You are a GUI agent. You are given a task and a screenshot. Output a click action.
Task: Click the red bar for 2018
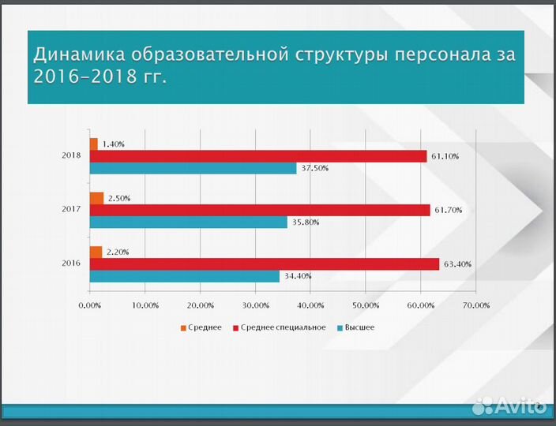258,156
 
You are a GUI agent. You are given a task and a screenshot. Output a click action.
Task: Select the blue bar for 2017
189,222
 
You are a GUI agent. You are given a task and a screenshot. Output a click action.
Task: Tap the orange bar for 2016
96,252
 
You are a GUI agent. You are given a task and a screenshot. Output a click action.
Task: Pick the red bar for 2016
265,264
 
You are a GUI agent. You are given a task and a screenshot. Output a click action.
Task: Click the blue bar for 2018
193,168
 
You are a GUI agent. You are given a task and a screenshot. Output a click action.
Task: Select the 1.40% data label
114,144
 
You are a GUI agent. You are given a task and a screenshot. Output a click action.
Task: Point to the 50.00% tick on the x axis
366,305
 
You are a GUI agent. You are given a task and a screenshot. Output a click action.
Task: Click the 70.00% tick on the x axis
475,305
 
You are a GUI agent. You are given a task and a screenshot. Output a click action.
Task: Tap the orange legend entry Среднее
201,327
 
